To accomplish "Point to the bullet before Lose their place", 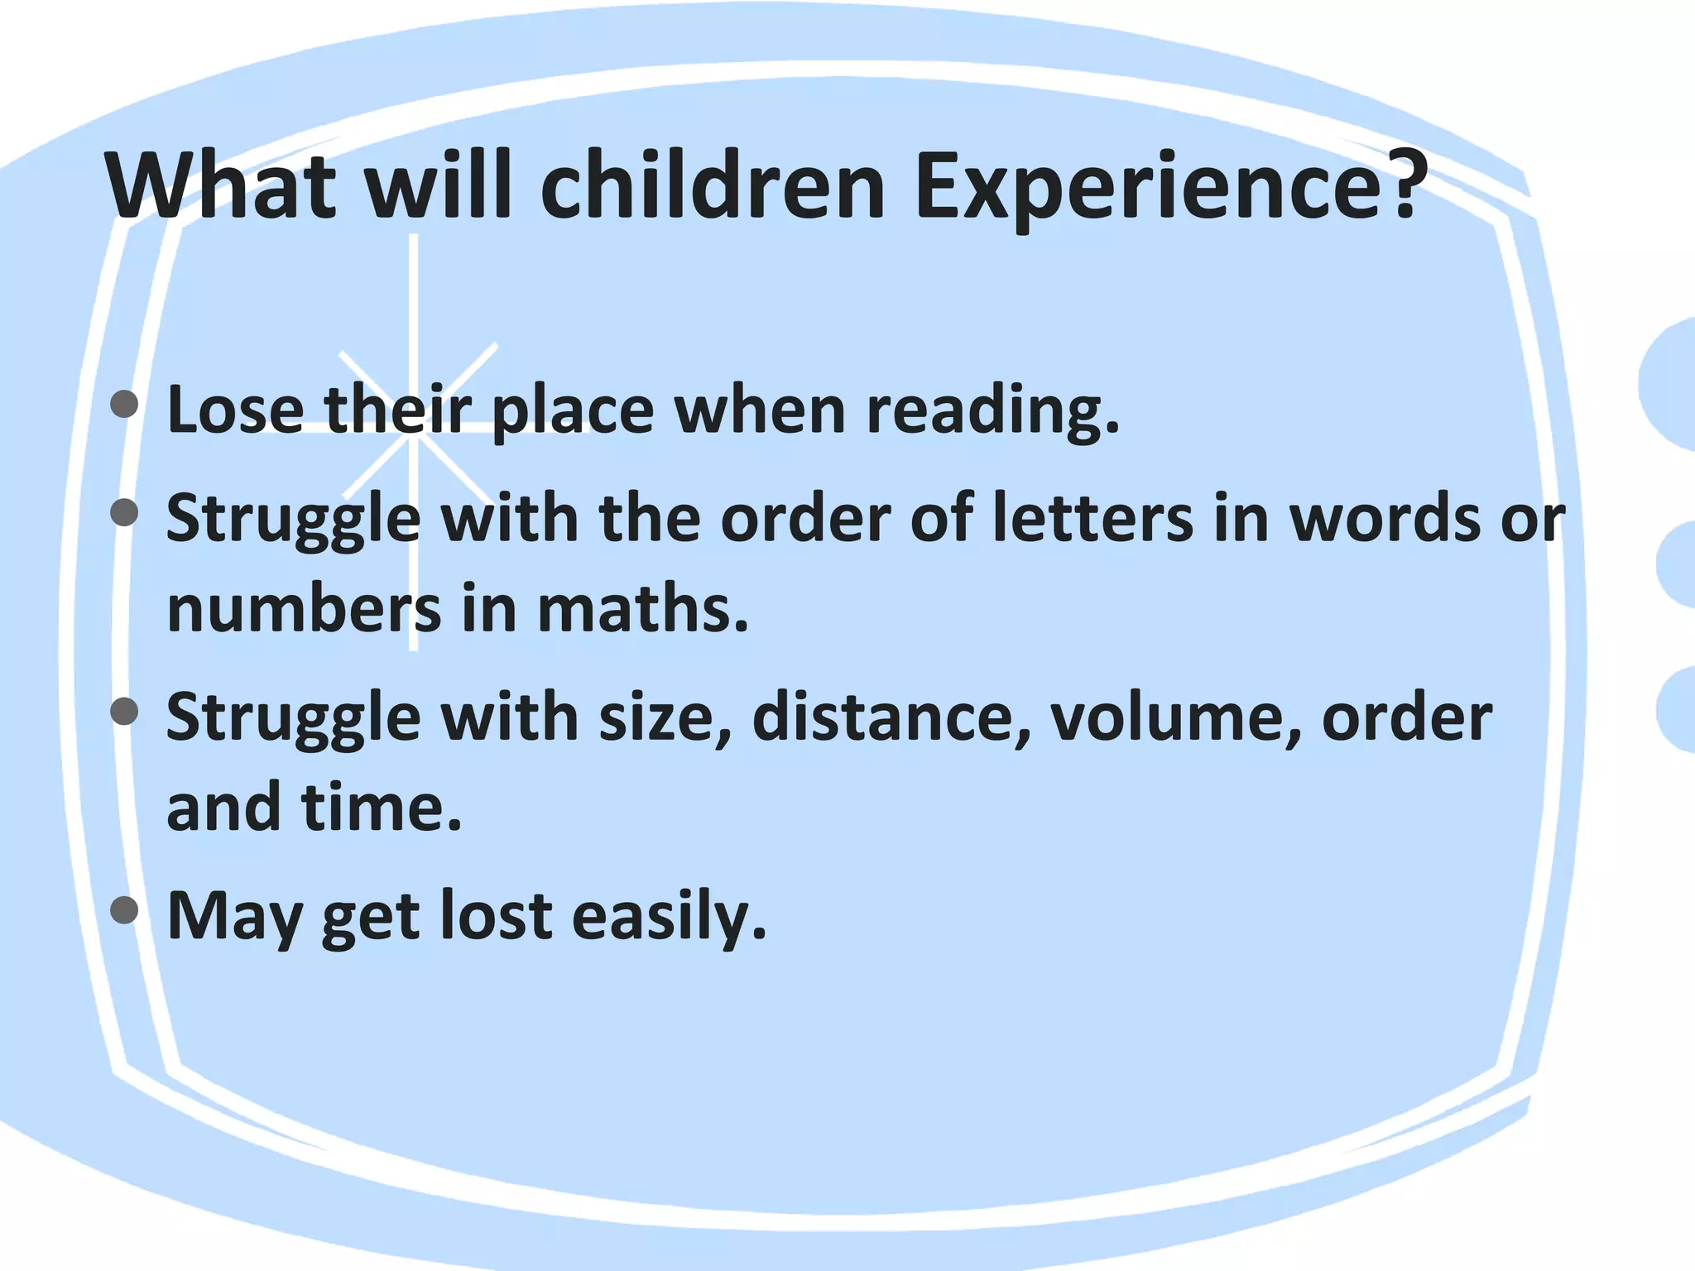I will pos(124,405).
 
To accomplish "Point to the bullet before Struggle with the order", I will pos(124,512).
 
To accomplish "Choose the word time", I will pos(382,807).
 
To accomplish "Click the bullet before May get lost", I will pos(124,910).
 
